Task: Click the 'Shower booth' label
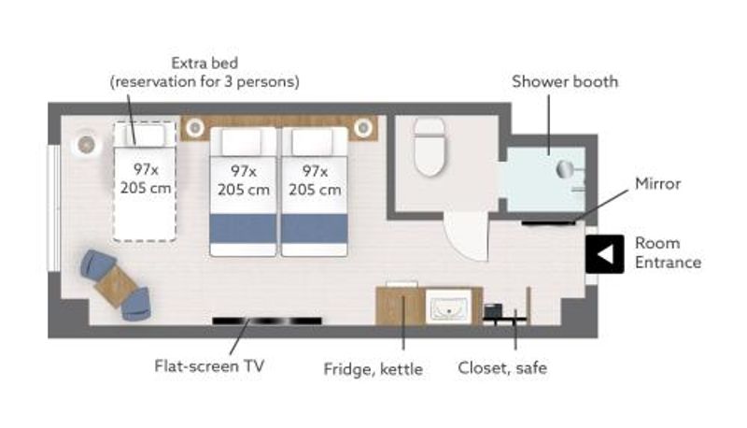(x=565, y=81)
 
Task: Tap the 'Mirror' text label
(x=658, y=183)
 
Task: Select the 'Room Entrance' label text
(x=668, y=252)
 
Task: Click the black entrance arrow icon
(x=605, y=254)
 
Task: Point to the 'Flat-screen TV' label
(x=209, y=366)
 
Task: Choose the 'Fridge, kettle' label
(x=373, y=369)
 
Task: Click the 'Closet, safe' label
(x=502, y=368)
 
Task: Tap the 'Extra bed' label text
(x=204, y=63)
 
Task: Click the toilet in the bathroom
(x=430, y=147)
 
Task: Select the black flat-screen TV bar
(x=267, y=321)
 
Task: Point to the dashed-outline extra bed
(x=145, y=181)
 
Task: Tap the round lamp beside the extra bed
(x=86, y=144)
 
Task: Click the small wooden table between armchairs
(x=116, y=287)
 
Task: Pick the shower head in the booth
(x=565, y=169)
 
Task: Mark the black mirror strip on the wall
(x=549, y=222)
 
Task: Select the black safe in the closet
(x=493, y=311)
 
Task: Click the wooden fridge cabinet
(x=400, y=306)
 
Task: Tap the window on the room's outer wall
(x=54, y=208)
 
